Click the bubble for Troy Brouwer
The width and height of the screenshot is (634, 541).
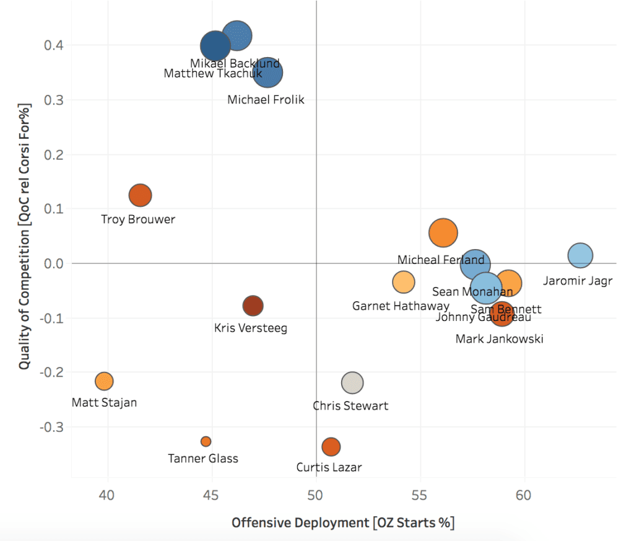coord(141,195)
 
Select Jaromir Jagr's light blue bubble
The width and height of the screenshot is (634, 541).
coord(580,255)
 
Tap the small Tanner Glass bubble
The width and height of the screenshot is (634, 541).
coord(206,441)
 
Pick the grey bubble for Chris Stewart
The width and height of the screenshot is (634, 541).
coord(352,382)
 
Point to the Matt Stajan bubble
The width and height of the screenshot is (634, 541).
coord(104,380)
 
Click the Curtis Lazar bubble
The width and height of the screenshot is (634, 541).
coord(331,446)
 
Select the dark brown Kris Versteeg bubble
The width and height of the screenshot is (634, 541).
coord(253,306)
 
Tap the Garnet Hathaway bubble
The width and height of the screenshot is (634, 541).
coord(403,282)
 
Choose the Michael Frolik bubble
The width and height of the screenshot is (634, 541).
coord(267,73)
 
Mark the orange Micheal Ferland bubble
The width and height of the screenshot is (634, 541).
coord(443,233)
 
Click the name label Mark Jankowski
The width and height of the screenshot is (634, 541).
coord(499,339)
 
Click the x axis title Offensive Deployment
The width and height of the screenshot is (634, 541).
coord(342,523)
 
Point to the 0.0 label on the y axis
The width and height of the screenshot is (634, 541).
coord(54,263)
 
